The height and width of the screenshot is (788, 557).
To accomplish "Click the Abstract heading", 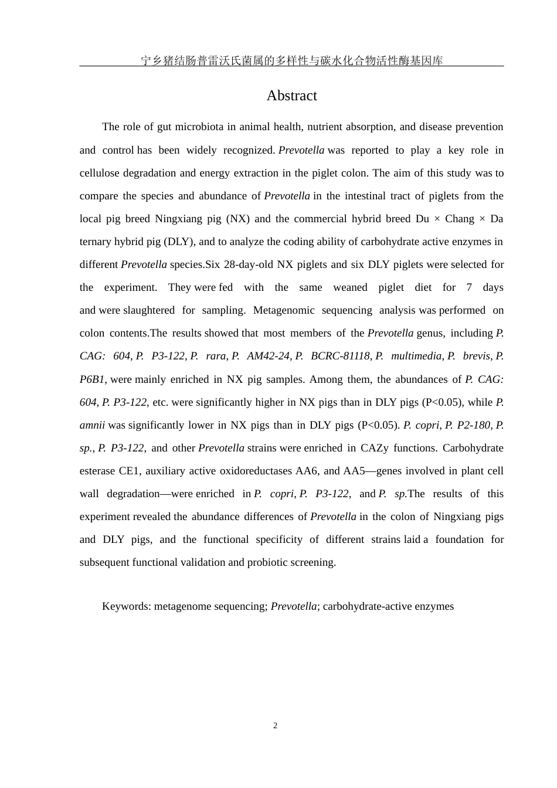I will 291,96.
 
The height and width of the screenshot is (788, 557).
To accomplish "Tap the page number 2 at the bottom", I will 275,726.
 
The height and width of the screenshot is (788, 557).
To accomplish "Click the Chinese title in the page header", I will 291,60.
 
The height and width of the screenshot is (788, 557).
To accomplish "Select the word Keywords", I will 126,606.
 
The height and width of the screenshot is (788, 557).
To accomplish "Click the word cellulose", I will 100,173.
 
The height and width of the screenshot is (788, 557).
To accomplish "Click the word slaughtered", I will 149,310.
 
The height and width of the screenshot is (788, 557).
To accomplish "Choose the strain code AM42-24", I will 268,356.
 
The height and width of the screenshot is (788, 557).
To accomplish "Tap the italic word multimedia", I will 416,356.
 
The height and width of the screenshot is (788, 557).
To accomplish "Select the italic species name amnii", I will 92,425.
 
